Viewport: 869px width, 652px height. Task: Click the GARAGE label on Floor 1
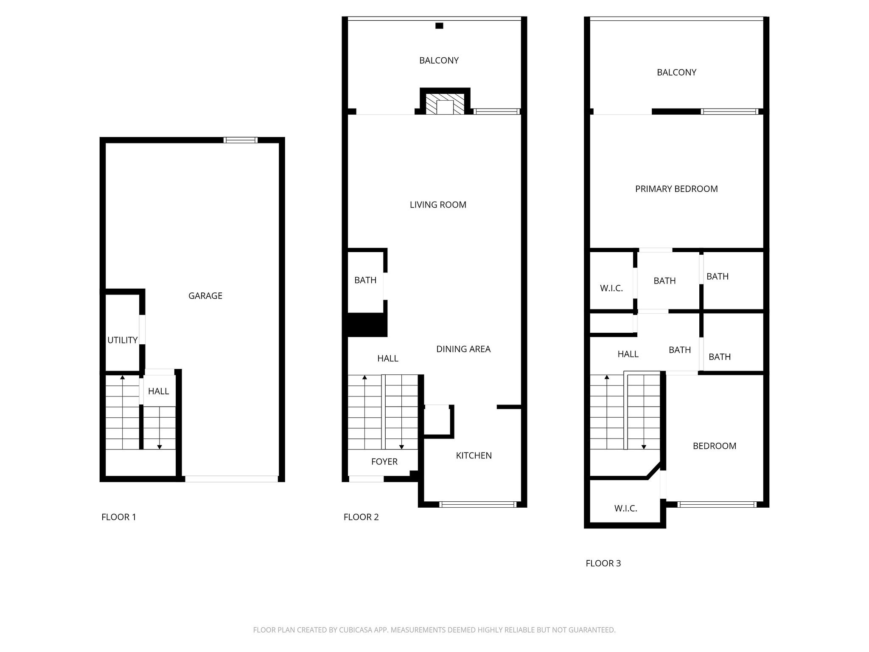pos(205,296)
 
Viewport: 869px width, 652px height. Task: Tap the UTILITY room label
pos(122,340)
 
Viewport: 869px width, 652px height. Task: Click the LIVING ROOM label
pos(438,205)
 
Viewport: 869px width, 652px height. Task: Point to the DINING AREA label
pos(463,349)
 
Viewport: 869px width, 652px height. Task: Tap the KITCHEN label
pos(474,455)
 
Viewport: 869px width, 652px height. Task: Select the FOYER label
pos(384,462)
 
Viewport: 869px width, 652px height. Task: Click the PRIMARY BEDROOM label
pos(676,189)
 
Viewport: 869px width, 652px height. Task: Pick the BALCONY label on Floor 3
pos(676,73)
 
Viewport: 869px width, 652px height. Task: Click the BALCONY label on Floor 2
pos(439,61)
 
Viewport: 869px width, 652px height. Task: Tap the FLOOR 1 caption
pos(119,517)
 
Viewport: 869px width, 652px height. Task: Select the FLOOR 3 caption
pos(603,563)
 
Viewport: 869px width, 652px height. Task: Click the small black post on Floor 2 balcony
pos(439,26)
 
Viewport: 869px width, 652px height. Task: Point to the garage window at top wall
pos(241,140)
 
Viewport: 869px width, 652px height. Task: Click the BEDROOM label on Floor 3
pos(715,446)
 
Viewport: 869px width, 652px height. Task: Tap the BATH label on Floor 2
pos(365,280)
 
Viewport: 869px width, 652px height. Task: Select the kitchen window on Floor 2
pos(478,504)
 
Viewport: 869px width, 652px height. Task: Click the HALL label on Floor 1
pos(158,391)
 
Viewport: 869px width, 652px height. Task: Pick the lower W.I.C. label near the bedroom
pos(625,509)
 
